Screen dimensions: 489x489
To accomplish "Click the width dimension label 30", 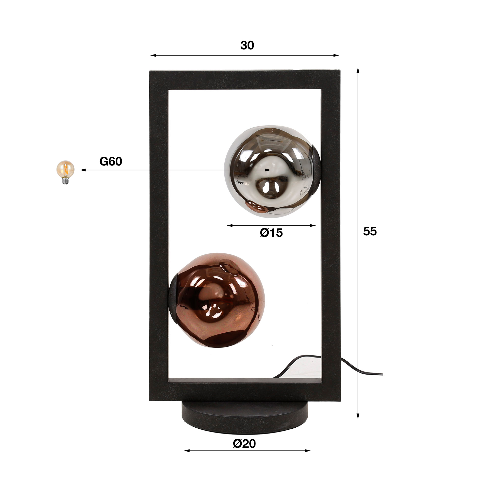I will (247, 46).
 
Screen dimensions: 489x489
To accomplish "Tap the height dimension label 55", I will (370, 231).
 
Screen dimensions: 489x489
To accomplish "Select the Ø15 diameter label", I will (271, 233).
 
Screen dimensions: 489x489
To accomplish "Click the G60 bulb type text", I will (111, 161).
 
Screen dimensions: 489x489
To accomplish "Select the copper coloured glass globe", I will (219, 301).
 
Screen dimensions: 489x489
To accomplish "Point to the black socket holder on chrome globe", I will (317, 169).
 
